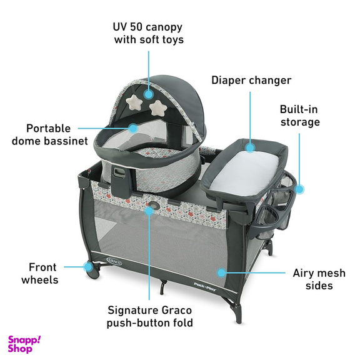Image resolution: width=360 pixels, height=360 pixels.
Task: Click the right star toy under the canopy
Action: (157, 107)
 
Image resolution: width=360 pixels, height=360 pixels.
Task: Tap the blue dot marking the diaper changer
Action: (250, 147)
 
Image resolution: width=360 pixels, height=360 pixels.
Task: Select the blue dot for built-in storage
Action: (299, 189)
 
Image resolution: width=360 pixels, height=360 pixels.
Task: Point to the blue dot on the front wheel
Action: (87, 267)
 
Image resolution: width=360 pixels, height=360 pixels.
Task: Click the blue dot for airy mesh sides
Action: (221, 272)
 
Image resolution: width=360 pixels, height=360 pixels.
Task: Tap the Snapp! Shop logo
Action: (24, 344)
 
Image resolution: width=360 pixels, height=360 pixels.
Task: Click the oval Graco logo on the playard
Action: (114, 261)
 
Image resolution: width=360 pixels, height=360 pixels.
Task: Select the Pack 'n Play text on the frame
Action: (205, 287)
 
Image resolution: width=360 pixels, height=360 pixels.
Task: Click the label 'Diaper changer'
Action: (251, 81)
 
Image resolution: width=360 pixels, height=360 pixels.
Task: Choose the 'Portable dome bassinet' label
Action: (49, 134)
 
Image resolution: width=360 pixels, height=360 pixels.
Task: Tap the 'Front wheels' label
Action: (40, 274)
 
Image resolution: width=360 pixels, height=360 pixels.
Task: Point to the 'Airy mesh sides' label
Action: (319, 279)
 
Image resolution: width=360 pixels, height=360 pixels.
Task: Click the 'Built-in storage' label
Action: (300, 116)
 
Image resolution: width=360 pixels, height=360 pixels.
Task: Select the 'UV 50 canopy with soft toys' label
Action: (149, 33)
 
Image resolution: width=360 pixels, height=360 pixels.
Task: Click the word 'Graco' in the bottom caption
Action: (176, 310)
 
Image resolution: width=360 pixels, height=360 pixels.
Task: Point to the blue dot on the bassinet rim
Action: (132, 128)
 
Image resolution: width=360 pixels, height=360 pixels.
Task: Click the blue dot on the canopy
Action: (149, 94)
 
